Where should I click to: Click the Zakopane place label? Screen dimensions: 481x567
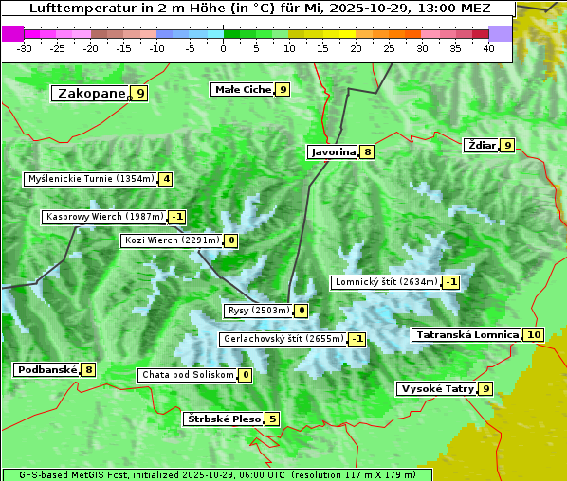pyautogui.click(x=91, y=93)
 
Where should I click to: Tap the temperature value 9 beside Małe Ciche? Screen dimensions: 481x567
pyautogui.click(x=283, y=90)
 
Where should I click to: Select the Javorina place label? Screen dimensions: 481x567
pyautogui.click(x=333, y=151)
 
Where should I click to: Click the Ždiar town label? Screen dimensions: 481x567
pyautogui.click(x=482, y=145)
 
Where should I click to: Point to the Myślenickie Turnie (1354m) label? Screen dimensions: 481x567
pyautogui.click(x=90, y=178)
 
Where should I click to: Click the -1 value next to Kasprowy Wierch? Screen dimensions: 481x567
pyautogui.click(x=176, y=217)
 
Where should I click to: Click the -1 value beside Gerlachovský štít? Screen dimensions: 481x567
pyautogui.click(x=357, y=339)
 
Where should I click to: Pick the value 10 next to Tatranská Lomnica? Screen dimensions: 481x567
pyautogui.click(x=534, y=334)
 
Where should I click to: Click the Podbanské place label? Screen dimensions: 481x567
pyautogui.click(x=46, y=369)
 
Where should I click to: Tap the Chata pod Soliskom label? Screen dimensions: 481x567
pyautogui.click(x=186, y=375)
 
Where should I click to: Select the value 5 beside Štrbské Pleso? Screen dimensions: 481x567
pyautogui.click(x=272, y=419)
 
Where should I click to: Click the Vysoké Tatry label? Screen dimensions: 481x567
pyautogui.click(x=437, y=388)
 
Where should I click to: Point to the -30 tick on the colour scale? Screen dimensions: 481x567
pyautogui.click(x=25, y=48)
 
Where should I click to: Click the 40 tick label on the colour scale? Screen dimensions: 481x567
pyautogui.click(x=488, y=48)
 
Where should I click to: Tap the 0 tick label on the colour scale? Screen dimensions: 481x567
pyautogui.click(x=223, y=48)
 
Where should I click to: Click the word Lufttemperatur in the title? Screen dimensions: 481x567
pyautogui.click(x=71, y=8)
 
